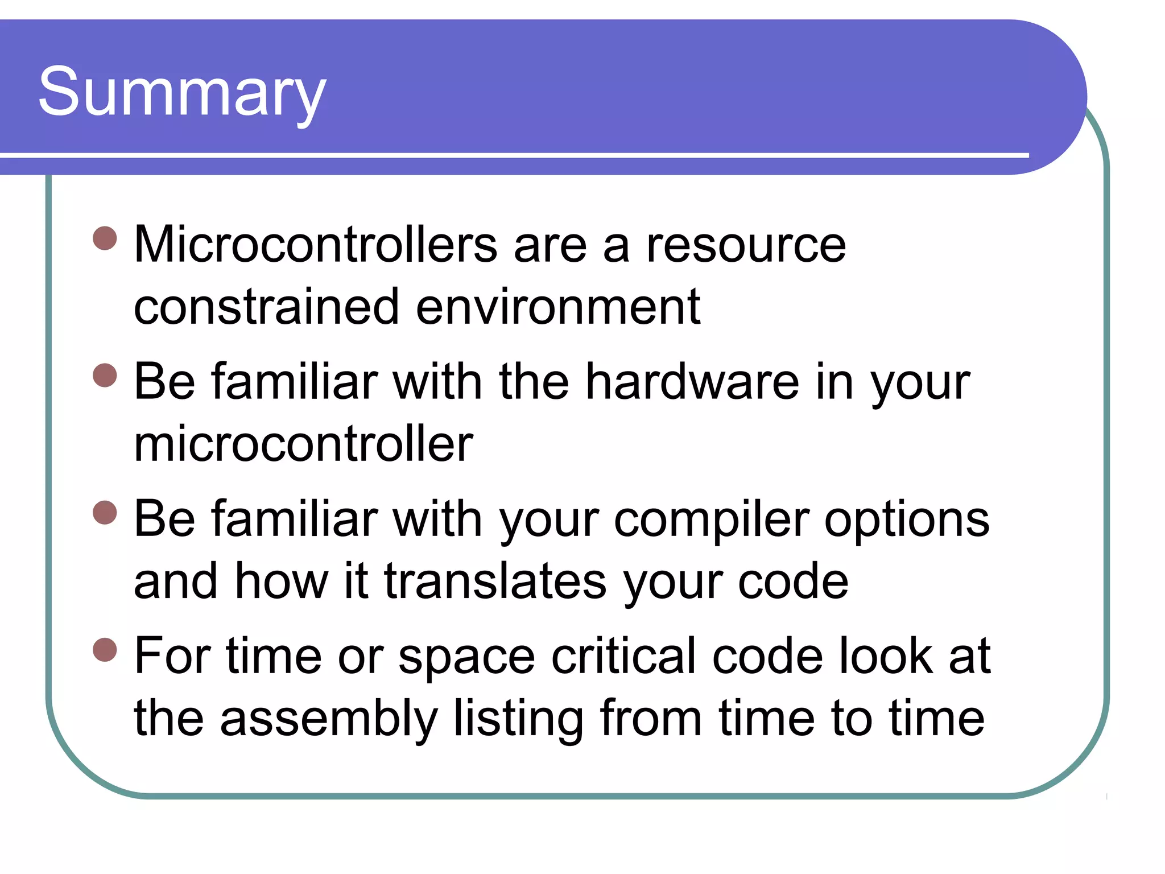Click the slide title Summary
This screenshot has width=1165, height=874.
[182, 93]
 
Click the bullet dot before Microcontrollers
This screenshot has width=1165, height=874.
[105, 238]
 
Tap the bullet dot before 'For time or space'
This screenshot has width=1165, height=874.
[105, 650]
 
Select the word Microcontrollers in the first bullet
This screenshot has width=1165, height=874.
[316, 245]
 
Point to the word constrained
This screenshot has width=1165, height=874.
[266, 307]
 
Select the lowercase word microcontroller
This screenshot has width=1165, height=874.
[303, 444]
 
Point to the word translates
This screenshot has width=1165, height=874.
[495, 582]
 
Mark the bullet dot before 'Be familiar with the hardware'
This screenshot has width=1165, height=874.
[105, 376]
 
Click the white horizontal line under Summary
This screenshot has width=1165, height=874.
[512, 155]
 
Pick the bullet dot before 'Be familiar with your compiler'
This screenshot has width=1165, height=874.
[105, 512]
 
